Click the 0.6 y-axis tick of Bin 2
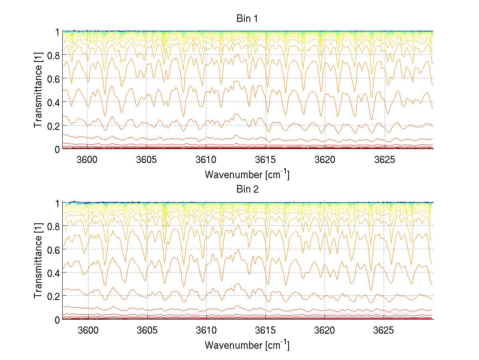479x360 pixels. click(53, 249)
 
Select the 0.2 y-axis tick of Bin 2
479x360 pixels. click(53, 296)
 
